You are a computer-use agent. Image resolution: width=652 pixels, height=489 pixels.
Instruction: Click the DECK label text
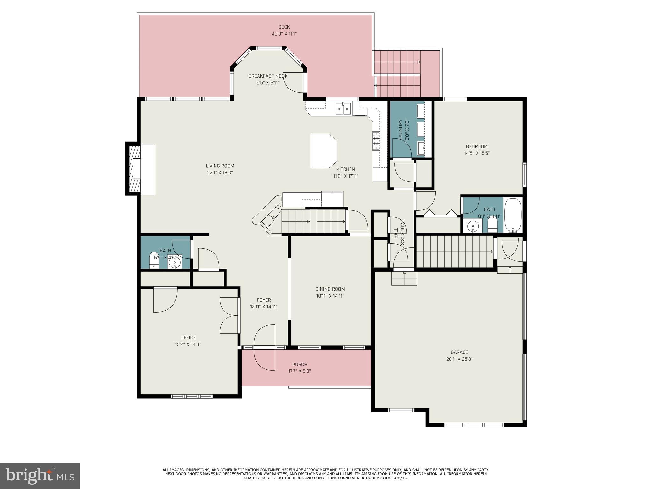tap(284, 27)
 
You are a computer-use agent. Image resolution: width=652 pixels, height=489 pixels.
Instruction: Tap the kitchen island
tap(323, 151)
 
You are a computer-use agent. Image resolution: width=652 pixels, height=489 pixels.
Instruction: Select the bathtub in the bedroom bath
tap(513, 215)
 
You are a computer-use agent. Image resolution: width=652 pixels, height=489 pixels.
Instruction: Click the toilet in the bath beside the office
tap(154, 261)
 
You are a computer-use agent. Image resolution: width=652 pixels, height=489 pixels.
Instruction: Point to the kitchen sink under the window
tap(343, 109)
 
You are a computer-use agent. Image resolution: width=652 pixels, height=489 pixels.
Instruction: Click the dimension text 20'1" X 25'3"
tap(459, 359)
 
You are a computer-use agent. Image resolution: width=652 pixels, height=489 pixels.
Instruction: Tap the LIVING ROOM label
tap(220, 166)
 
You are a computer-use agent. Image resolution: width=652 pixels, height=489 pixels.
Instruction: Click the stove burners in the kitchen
tap(376, 141)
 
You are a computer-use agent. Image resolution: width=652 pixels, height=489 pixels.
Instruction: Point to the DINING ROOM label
tap(330, 289)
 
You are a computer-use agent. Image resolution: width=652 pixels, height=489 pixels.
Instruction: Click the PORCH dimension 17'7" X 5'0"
tap(299, 371)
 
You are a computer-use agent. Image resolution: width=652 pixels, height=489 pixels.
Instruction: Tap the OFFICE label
tap(188, 337)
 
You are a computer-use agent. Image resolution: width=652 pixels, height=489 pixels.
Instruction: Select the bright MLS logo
tap(39, 476)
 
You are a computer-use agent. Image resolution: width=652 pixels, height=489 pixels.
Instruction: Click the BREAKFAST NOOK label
tap(268, 76)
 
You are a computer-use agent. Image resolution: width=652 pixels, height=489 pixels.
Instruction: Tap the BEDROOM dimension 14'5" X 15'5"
tap(477, 153)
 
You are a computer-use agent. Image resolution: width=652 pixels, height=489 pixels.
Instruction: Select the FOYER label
tap(264, 300)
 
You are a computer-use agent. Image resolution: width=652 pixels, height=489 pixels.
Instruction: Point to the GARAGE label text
tap(459, 352)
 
